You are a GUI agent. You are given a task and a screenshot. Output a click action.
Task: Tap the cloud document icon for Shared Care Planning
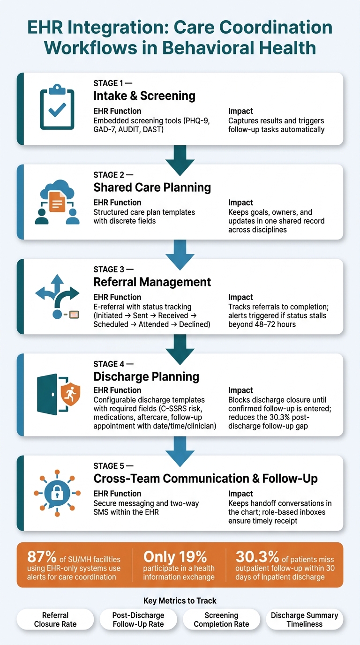coord(57,202)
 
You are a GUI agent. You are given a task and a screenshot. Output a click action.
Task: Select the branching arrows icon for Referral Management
coord(57,297)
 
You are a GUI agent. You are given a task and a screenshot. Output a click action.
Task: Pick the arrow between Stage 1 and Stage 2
coord(180,160)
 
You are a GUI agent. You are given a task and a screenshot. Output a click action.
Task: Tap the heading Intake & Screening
coord(144,96)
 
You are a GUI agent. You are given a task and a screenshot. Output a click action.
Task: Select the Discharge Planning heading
coord(146,376)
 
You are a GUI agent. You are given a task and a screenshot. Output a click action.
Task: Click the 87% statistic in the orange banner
coord(42,557)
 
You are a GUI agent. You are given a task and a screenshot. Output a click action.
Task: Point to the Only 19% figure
coord(175,557)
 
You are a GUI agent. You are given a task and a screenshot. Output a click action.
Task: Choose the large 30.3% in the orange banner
coord(257,557)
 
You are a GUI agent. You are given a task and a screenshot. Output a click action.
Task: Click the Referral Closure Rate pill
coord(55,619)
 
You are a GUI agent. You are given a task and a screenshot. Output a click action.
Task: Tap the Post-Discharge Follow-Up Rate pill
coord(138,619)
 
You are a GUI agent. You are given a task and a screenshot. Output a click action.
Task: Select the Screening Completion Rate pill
coord(221,619)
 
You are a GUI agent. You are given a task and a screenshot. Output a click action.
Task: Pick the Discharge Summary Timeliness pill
coord(304,619)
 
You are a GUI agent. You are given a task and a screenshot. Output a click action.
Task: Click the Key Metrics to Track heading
coord(180,600)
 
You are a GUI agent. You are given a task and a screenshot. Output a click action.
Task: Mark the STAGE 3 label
coord(109,269)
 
